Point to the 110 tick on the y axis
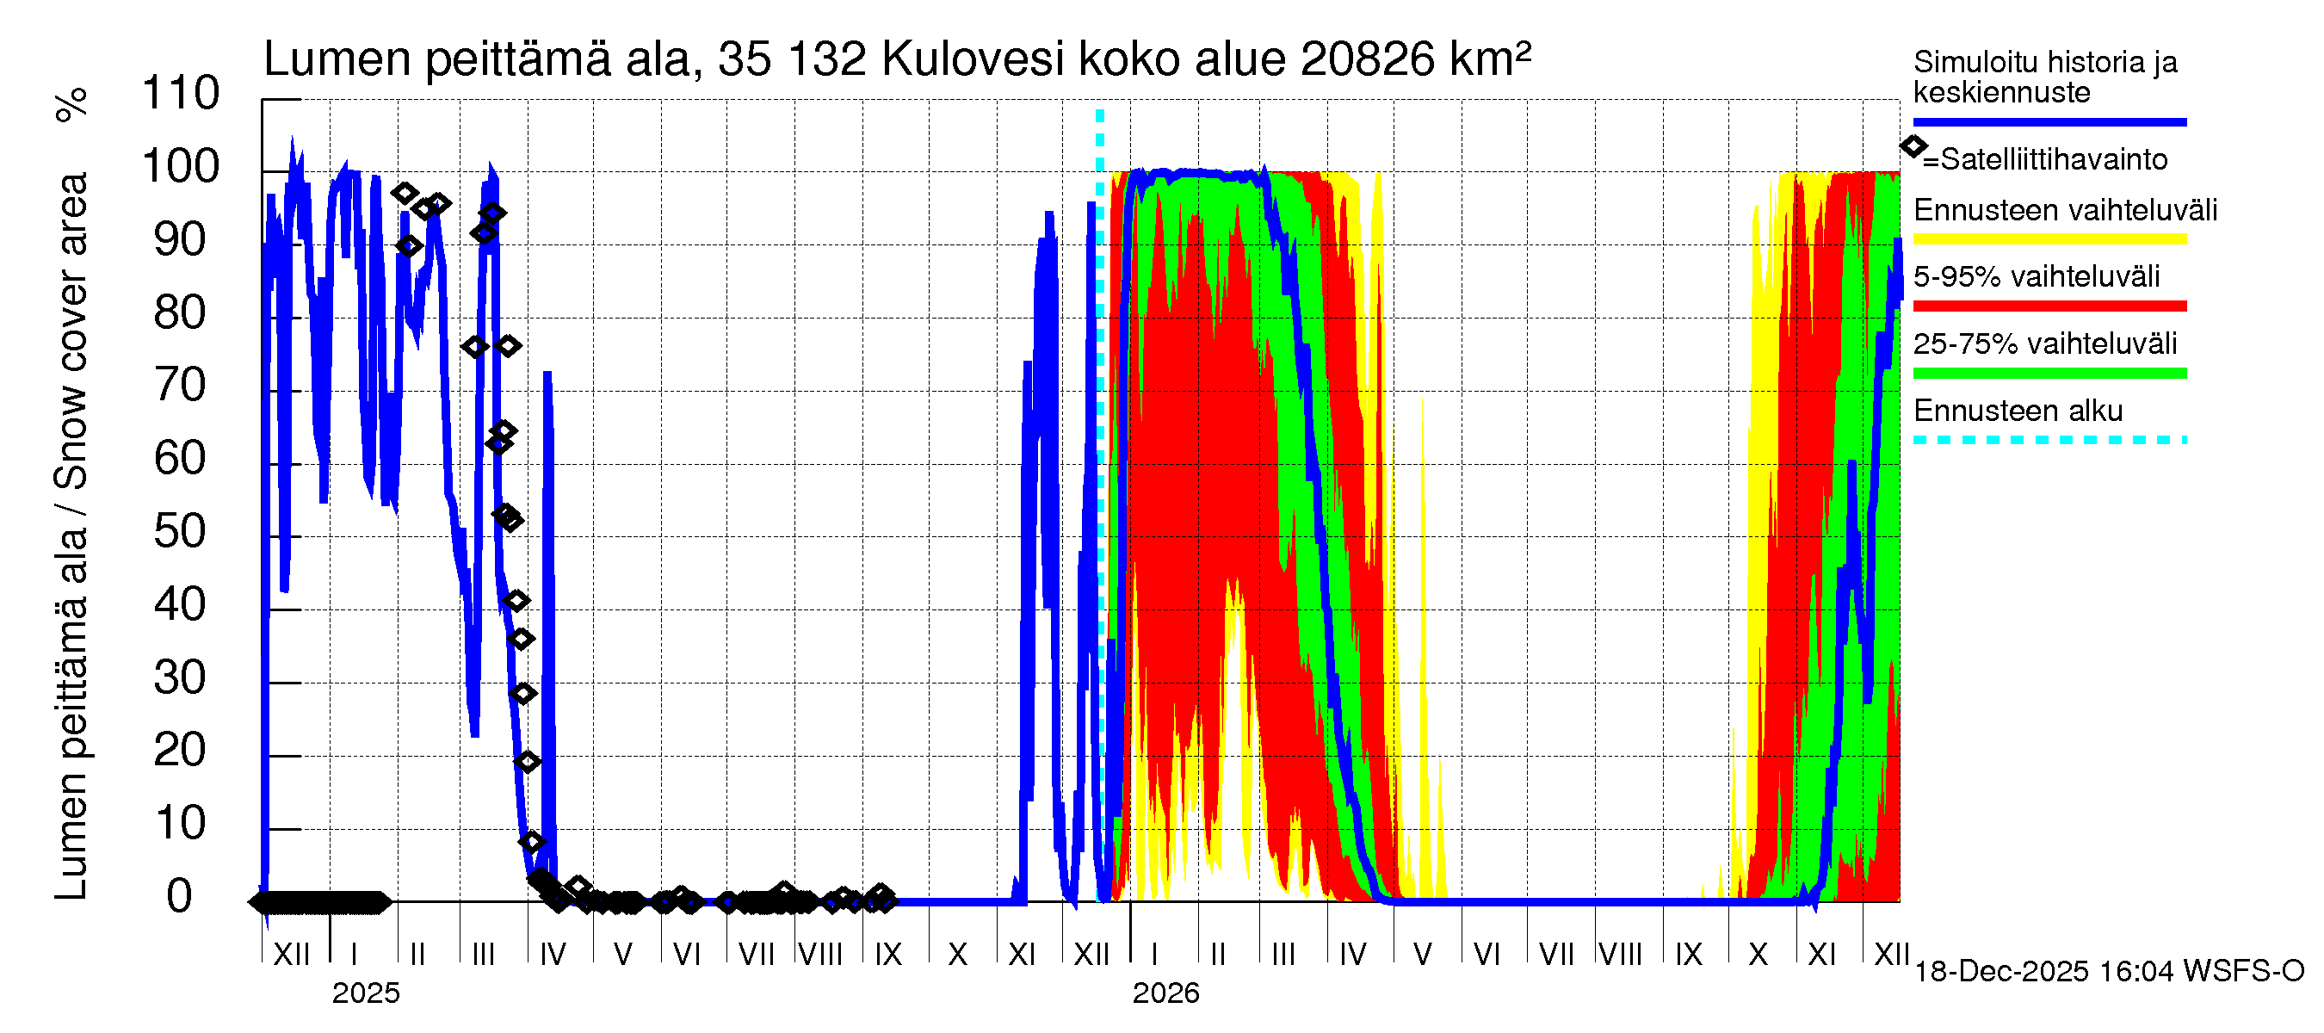(x=181, y=94)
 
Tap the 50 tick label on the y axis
(x=181, y=532)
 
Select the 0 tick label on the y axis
(x=180, y=897)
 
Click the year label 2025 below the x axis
(x=365, y=993)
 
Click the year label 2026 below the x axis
(x=1165, y=993)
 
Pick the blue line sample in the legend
(x=2049, y=121)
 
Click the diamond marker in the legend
(x=1913, y=146)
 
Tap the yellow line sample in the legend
(x=2049, y=240)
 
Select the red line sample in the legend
(x=2049, y=306)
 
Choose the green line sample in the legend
(x=2049, y=374)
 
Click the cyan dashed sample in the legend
(x=2049, y=440)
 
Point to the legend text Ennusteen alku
(x=2018, y=411)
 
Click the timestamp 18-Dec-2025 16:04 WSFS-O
(x=2108, y=972)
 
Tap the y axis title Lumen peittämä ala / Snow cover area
(x=72, y=537)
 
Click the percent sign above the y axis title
(x=71, y=105)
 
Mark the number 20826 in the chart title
(x=1369, y=59)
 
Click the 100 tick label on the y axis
(x=181, y=167)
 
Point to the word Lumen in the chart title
(x=337, y=59)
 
